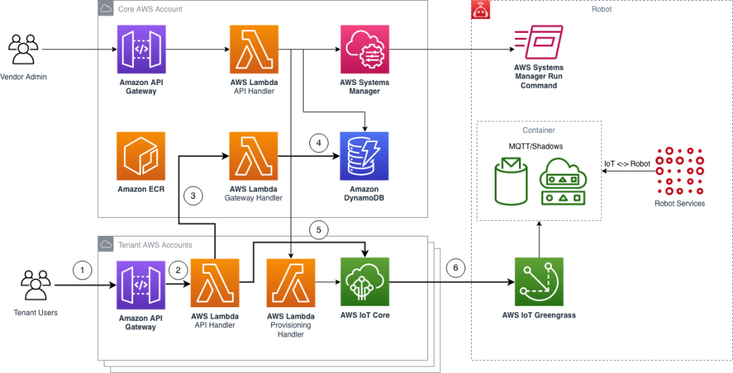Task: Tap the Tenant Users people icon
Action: tap(34, 285)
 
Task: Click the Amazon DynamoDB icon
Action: tap(365, 156)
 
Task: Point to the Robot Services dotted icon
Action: tap(679, 171)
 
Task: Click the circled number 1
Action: tap(83, 270)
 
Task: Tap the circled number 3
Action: tap(193, 195)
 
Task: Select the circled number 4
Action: tap(319, 142)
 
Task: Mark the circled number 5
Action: tap(319, 230)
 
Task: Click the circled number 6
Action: tap(455, 269)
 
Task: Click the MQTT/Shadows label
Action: tap(535, 146)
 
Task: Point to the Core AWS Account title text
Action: tap(150, 9)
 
